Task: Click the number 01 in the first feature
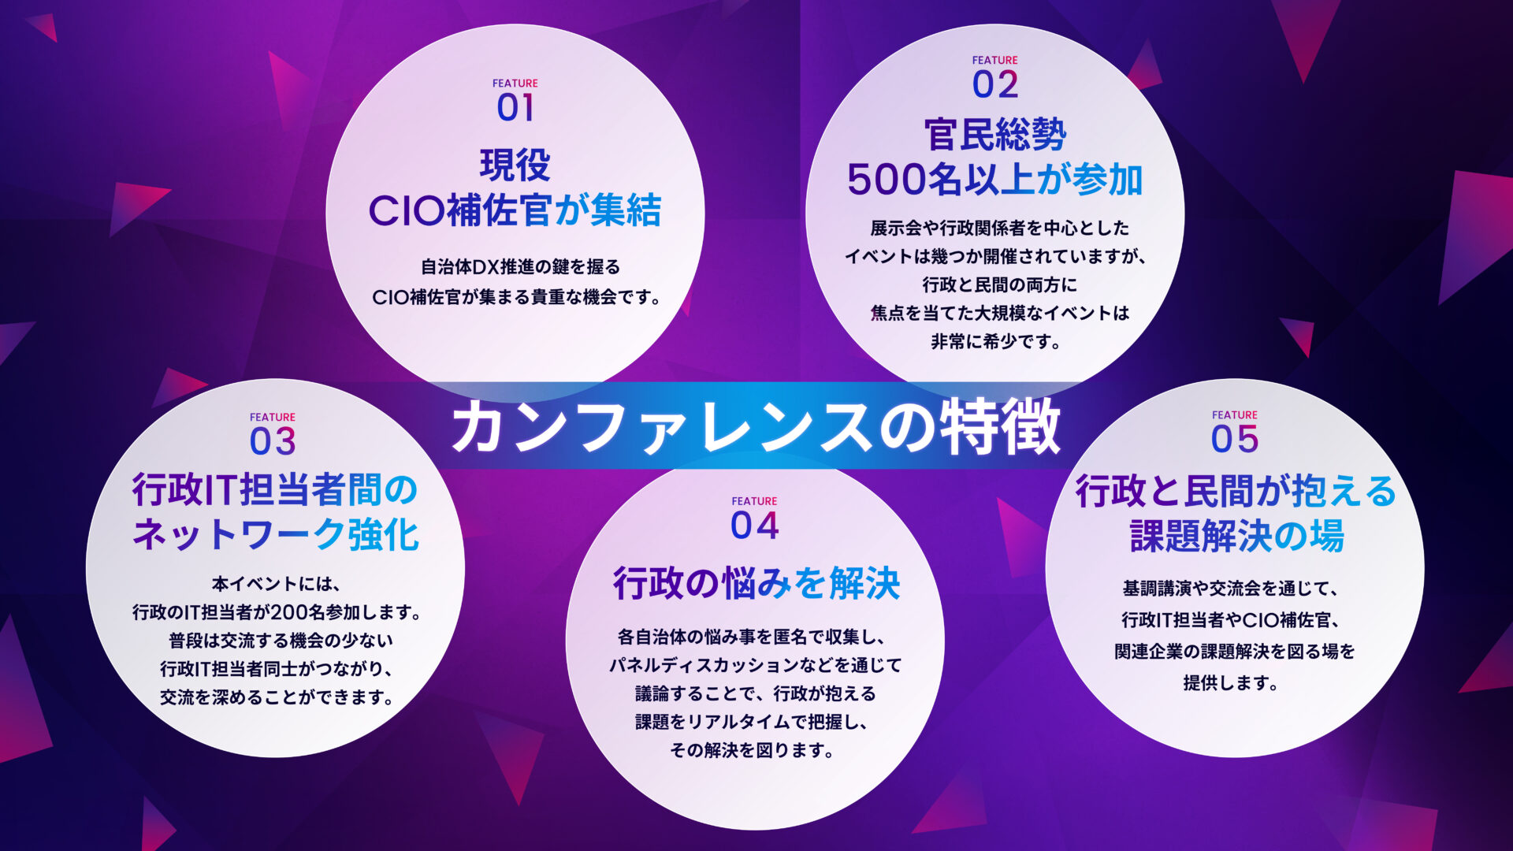click(x=515, y=108)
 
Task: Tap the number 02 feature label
click(x=994, y=85)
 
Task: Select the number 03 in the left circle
click(x=273, y=441)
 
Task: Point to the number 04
click(x=754, y=526)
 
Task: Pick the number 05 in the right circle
click(x=1234, y=440)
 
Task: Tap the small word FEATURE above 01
click(x=515, y=84)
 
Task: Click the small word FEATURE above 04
click(x=754, y=501)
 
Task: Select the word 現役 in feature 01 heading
click(x=515, y=165)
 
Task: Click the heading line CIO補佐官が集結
click(x=515, y=211)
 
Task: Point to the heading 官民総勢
click(x=994, y=135)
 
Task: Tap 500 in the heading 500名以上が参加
click(x=886, y=180)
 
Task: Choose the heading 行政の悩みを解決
click(x=756, y=584)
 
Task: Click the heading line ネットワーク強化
click(x=275, y=535)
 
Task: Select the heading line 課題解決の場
click(x=1236, y=536)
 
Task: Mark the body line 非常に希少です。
click(x=994, y=342)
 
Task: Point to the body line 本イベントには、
click(x=275, y=584)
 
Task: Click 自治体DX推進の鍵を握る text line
click(x=520, y=267)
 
